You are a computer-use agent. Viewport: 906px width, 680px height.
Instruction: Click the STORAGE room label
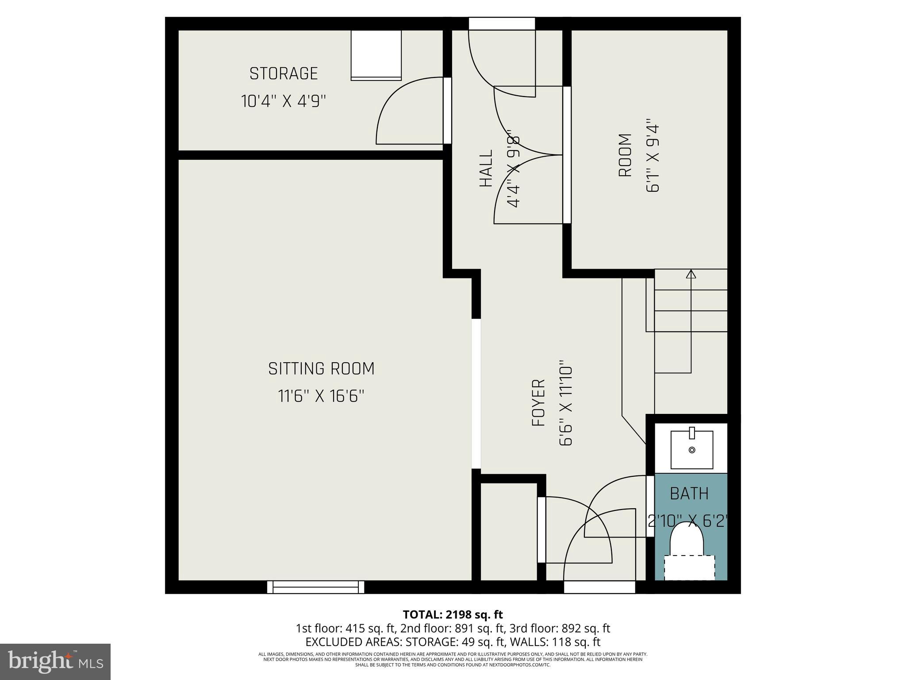pos(284,73)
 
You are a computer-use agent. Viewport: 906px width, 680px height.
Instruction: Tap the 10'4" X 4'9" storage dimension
pos(284,101)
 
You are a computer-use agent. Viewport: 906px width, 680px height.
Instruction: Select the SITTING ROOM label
pos(321,369)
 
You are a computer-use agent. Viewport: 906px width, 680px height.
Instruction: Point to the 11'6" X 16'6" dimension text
pos(321,396)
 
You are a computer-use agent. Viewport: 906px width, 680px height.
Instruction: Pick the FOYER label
pos(538,403)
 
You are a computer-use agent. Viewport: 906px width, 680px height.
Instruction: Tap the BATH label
pos(689,494)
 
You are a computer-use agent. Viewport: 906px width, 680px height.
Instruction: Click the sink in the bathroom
pos(692,450)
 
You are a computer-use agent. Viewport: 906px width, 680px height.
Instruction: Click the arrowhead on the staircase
pos(691,274)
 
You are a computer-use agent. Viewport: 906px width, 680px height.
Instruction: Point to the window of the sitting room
pos(315,587)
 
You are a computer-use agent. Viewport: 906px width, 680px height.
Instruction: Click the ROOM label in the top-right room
pos(625,155)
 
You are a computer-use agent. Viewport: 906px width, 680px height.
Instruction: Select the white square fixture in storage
pos(376,55)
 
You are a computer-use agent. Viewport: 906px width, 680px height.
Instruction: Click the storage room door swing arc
pos(389,102)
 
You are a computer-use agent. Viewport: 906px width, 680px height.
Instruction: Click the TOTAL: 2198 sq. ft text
pos(453,614)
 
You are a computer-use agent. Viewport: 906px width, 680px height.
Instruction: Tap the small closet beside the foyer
pos(508,531)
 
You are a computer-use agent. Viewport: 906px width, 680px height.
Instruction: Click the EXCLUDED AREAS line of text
pos(453,642)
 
